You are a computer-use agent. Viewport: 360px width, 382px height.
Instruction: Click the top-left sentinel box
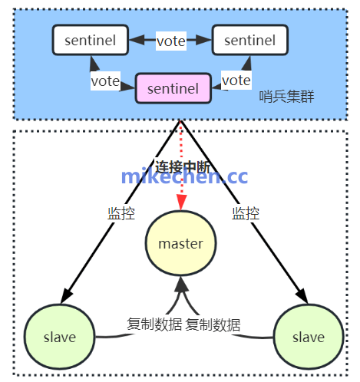tap(90, 40)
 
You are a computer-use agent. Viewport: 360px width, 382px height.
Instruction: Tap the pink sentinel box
tap(173, 88)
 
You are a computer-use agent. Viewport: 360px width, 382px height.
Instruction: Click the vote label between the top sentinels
tap(170, 41)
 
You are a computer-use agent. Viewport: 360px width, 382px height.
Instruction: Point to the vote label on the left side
tap(105, 80)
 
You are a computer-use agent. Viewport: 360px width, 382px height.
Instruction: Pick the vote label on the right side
tap(236, 80)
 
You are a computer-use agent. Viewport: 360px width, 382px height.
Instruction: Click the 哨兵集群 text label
tap(287, 97)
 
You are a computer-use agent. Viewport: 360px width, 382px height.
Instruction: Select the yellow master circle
tap(180, 244)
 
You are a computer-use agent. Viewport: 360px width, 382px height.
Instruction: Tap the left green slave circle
tap(59, 337)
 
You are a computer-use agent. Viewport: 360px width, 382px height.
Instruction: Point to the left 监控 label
tap(121, 214)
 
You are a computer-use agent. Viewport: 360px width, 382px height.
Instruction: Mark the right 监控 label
tap(246, 214)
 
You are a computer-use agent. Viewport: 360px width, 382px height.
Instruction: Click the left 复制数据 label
tap(153, 324)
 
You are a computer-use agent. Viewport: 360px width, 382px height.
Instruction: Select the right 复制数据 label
tap(213, 324)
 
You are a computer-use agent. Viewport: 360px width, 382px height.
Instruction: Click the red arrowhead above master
tap(180, 203)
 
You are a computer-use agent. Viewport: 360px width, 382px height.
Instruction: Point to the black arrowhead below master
tap(180, 285)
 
